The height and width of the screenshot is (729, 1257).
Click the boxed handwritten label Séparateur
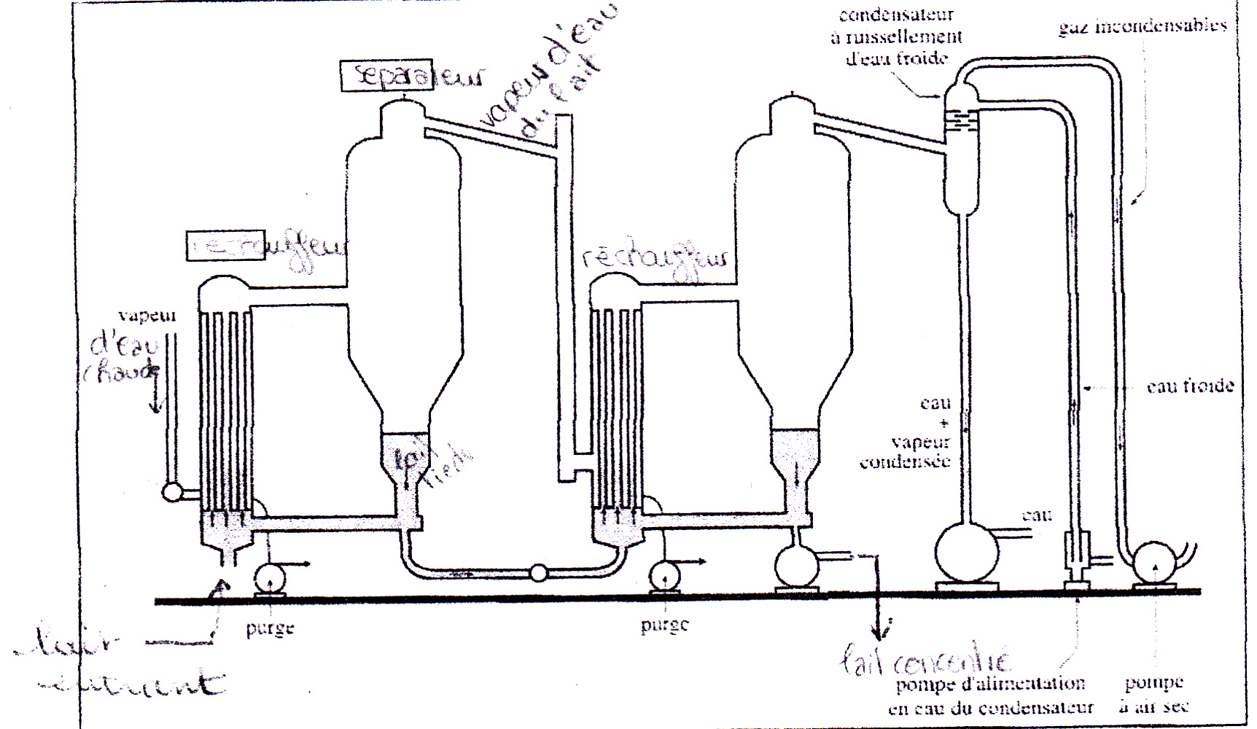pyautogui.click(x=386, y=75)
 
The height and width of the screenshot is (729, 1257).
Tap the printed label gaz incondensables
pyautogui.click(x=1143, y=26)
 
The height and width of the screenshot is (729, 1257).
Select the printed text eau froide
pyautogui.click(x=1190, y=386)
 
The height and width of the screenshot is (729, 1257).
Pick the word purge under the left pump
pyautogui.click(x=270, y=628)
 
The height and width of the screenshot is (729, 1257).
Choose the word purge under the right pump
pyautogui.click(x=664, y=625)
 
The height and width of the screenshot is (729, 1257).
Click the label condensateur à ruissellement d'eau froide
pyautogui.click(x=897, y=36)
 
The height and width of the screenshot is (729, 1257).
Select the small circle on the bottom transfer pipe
pyautogui.click(x=538, y=573)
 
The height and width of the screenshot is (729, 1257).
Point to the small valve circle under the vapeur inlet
pyautogui.click(x=173, y=492)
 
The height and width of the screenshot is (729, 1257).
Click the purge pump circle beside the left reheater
pyautogui.click(x=271, y=579)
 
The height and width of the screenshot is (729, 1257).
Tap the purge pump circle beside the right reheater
pyautogui.click(x=665, y=577)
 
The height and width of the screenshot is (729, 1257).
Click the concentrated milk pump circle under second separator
pyautogui.click(x=796, y=566)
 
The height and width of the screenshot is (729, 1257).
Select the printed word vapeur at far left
pyautogui.click(x=147, y=316)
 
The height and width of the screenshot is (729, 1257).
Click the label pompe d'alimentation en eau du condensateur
pyautogui.click(x=991, y=695)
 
